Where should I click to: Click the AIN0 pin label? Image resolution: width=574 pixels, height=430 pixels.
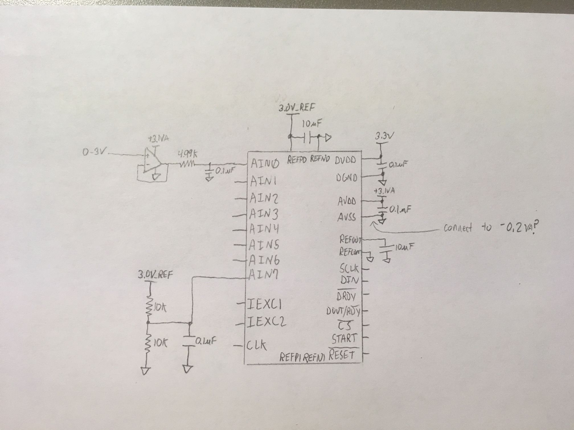click(x=265, y=164)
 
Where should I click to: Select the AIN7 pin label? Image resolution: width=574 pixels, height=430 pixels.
click(x=264, y=275)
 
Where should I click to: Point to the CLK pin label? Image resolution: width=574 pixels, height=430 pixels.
click(x=257, y=345)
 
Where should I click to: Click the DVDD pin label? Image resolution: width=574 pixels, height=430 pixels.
click(x=345, y=160)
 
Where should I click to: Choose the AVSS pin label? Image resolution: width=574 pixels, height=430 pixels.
click(x=347, y=218)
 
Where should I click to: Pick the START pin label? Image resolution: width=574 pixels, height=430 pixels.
click(x=344, y=338)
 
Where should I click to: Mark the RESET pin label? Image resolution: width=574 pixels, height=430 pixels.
click(x=342, y=355)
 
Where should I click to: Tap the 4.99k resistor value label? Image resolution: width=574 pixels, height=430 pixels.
click(x=187, y=154)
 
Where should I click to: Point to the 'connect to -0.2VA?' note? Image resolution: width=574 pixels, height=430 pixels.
click(x=491, y=228)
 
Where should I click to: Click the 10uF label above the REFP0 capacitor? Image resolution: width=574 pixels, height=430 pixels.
click(x=311, y=124)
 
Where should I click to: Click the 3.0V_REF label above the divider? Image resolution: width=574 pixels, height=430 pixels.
click(x=155, y=275)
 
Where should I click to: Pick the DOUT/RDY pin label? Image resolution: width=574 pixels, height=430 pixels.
click(x=343, y=312)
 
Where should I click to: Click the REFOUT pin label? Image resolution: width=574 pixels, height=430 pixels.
click(x=350, y=240)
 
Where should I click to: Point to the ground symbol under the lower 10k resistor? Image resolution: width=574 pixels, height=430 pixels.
click(x=145, y=371)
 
